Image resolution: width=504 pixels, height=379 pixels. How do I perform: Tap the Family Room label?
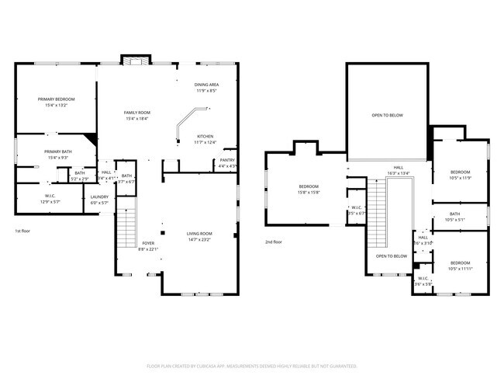tap(136, 116)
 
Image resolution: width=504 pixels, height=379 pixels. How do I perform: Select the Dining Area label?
tap(205, 88)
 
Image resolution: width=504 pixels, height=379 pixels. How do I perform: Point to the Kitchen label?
tap(205, 138)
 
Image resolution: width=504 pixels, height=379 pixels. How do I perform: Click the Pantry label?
tap(227, 163)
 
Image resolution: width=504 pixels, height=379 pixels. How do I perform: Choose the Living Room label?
tap(199, 236)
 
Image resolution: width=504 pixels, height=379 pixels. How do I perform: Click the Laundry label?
tap(99, 200)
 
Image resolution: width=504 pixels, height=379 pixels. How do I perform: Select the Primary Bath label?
tap(57, 155)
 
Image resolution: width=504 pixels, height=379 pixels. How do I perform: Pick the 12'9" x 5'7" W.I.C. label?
tap(50, 199)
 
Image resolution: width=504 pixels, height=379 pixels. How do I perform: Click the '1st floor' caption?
tap(23, 231)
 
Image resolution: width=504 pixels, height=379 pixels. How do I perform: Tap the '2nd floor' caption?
tap(274, 242)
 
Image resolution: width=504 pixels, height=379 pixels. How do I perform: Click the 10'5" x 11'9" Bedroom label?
tap(461, 175)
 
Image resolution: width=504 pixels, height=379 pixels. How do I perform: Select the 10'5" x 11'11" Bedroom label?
tap(461, 265)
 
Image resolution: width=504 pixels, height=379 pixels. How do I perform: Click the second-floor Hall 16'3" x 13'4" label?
tap(398, 171)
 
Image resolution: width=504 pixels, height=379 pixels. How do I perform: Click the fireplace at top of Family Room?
tap(136, 61)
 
